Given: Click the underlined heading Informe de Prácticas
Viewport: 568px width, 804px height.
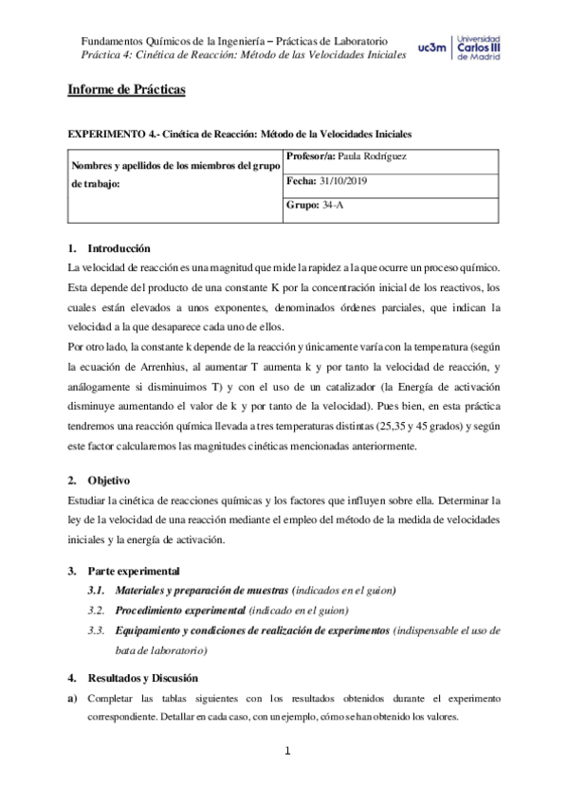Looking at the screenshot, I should pyautogui.click(x=125, y=90).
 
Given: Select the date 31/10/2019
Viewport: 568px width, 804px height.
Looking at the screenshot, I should pyautogui.click(x=350, y=180).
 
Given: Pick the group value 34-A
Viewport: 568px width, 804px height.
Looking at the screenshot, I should pyautogui.click(x=333, y=205).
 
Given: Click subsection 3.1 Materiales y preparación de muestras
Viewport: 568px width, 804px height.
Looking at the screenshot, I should pyautogui.click(x=201, y=591).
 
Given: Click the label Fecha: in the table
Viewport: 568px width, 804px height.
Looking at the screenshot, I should pyautogui.click(x=302, y=180).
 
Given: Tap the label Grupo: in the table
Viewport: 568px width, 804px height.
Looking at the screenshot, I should pyautogui.click(x=302, y=205).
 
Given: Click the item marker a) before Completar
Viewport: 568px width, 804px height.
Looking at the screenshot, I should pyautogui.click(x=72, y=699).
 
